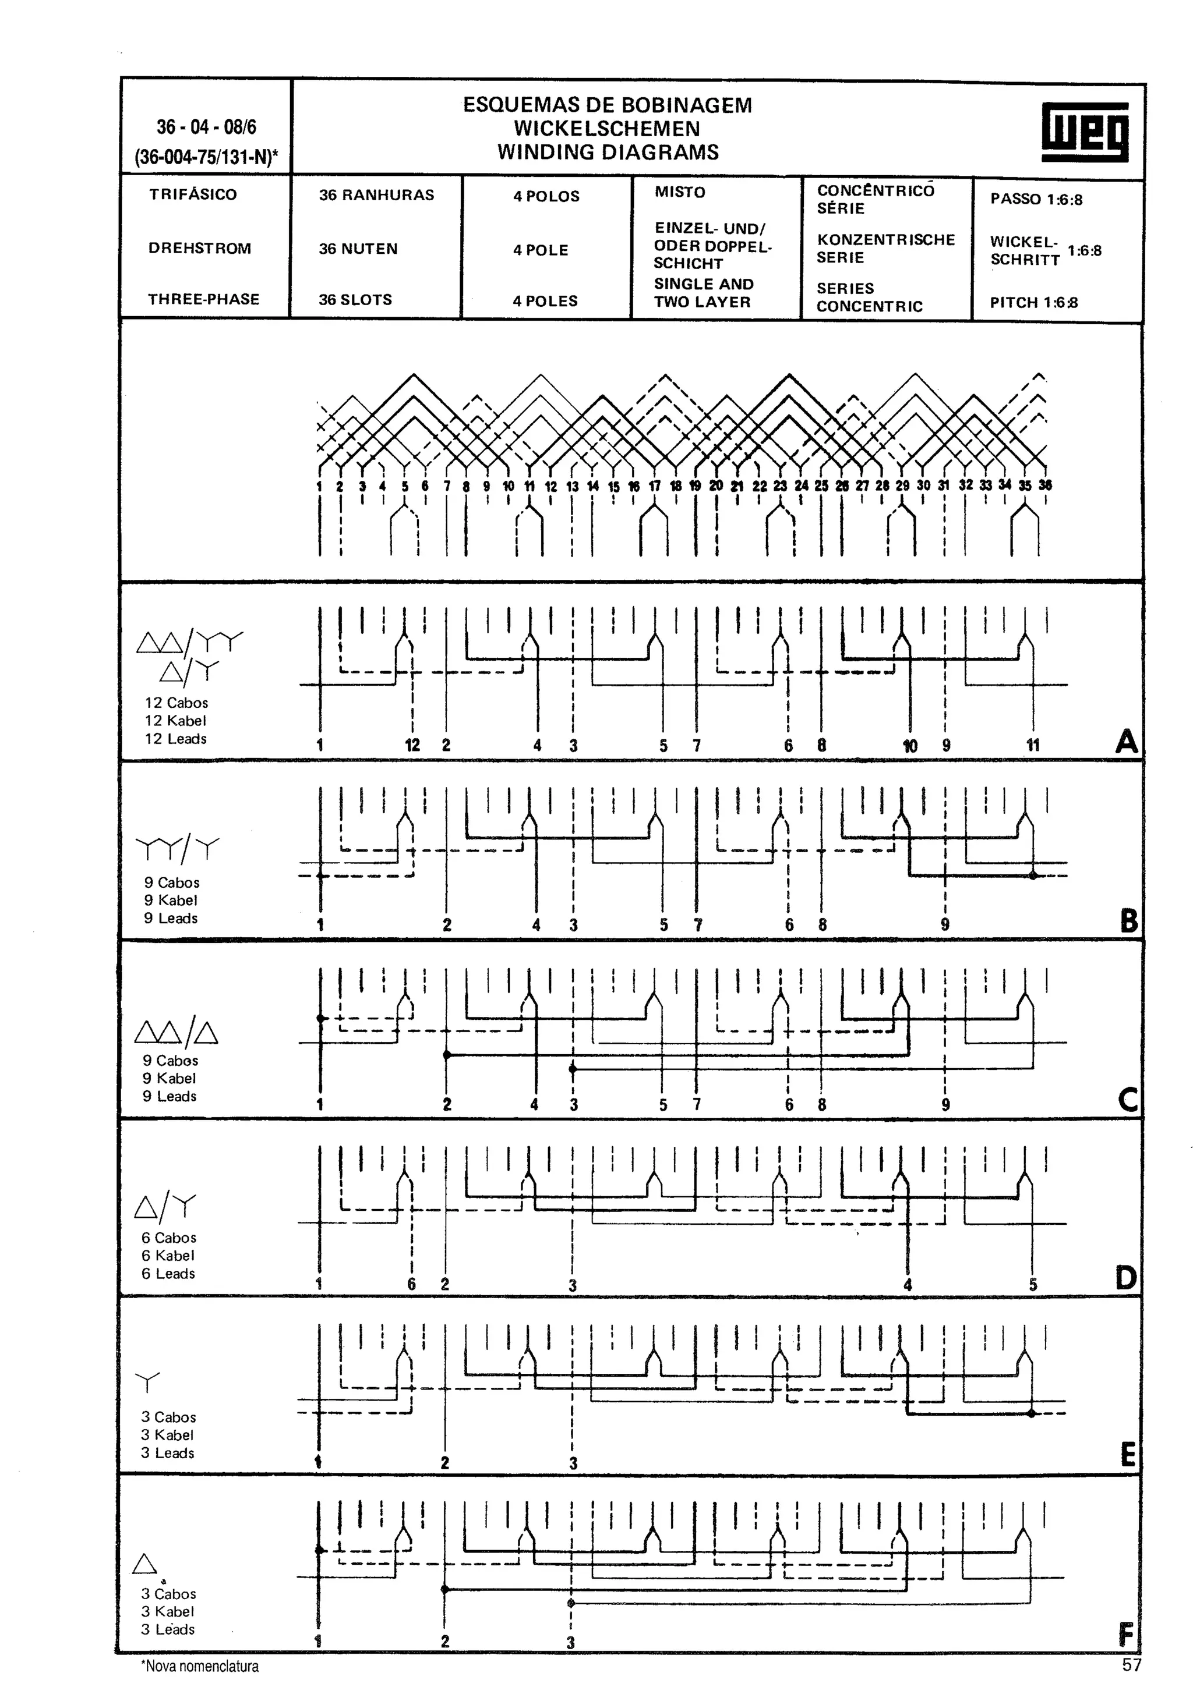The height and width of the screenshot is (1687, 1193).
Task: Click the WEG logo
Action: coord(1084,132)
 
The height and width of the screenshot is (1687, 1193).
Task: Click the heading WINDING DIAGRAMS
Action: coord(608,152)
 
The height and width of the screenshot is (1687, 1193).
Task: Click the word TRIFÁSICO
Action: coord(193,194)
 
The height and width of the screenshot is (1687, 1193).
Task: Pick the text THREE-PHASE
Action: coord(204,299)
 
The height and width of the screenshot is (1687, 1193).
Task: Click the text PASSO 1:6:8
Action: coord(1036,199)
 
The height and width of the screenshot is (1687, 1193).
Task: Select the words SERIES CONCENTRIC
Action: coord(869,297)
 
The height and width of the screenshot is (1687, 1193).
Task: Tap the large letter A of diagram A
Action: coord(1126,742)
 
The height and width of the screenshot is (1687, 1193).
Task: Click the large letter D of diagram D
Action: coord(1125,1278)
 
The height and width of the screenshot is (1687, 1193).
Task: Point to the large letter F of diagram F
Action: coord(1125,1636)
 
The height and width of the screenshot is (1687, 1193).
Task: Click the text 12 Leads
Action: coord(176,739)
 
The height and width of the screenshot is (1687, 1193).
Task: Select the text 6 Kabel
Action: coord(168,1256)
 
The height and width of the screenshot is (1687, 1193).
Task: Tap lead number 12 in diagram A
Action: coord(412,745)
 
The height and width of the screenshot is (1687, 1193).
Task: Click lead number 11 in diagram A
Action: coord(1033,745)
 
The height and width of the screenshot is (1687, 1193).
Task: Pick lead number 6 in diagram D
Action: coord(412,1284)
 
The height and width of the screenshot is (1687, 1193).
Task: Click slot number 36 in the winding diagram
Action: coord(1044,485)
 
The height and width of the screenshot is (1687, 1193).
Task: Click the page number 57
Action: coord(1131,1665)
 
